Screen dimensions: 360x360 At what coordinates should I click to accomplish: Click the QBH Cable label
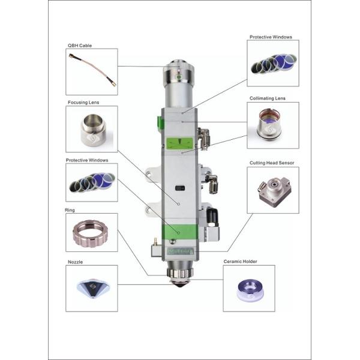[80, 46]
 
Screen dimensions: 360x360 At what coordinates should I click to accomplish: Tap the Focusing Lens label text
[83, 103]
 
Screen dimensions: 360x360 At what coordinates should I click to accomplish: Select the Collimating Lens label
[268, 98]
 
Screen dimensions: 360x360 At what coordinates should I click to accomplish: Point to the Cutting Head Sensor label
[272, 163]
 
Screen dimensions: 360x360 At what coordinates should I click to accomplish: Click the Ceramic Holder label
[240, 261]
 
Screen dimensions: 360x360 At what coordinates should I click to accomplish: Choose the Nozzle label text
[75, 262]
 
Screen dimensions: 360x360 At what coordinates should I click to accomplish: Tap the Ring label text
[70, 210]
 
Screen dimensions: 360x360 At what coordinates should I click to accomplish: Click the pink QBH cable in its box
[92, 70]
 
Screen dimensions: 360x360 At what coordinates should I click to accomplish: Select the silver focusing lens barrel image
[93, 130]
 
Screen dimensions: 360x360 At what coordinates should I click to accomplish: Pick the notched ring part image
[90, 233]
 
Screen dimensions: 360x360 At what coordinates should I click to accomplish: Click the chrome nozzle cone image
[93, 289]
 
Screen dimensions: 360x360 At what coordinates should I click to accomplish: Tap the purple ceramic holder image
[250, 290]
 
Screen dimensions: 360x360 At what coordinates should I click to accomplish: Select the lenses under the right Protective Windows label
[273, 64]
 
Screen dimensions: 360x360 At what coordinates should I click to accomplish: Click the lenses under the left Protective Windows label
[92, 182]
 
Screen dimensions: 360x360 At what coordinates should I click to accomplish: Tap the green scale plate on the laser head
[179, 143]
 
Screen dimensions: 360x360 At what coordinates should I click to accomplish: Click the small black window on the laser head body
[180, 188]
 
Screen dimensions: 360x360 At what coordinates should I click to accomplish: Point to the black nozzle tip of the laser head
[180, 284]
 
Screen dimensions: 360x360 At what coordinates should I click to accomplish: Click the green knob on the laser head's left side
[160, 124]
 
